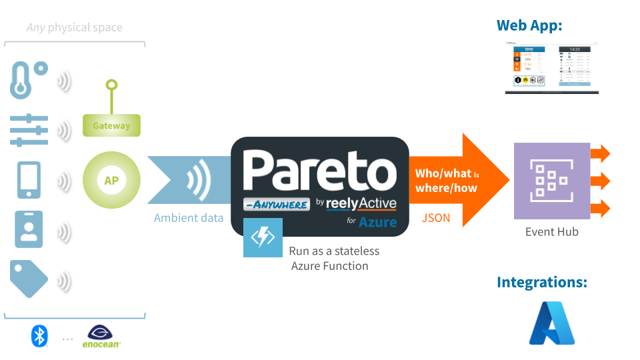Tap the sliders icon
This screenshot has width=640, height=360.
click(29, 129)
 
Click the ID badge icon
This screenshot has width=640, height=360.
click(29, 230)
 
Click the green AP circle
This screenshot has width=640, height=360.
click(111, 180)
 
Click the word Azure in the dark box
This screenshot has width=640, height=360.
click(377, 222)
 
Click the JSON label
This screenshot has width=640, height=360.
click(436, 217)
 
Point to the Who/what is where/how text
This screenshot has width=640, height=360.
click(447, 181)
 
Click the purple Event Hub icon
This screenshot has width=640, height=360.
click(551, 181)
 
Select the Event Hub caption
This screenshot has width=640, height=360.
click(551, 232)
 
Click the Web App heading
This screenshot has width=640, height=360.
click(529, 26)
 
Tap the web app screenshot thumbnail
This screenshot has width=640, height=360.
click(551, 67)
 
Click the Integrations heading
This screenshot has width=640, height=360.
click(541, 283)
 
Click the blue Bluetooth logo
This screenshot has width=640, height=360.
click(39, 336)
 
